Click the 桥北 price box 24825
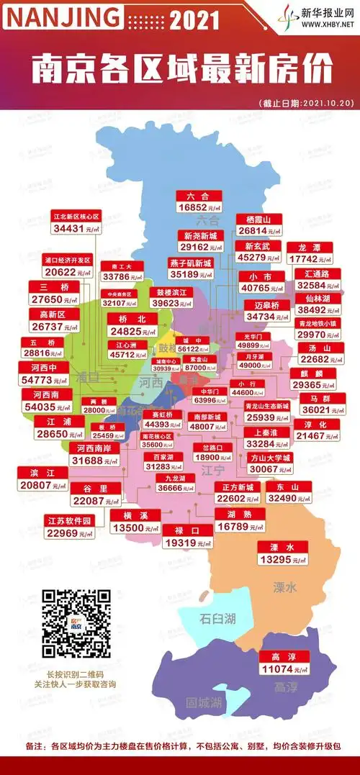click(x=132, y=325)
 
